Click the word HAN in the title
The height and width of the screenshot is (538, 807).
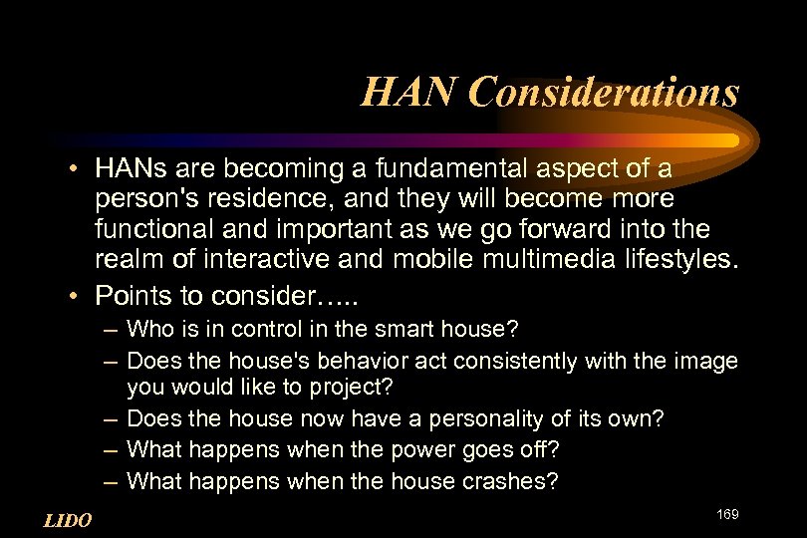[x=408, y=93]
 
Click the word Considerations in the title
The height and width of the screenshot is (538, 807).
[x=603, y=93]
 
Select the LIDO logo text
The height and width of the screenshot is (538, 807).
[x=69, y=520]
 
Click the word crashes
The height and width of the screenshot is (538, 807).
[x=518, y=481]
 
